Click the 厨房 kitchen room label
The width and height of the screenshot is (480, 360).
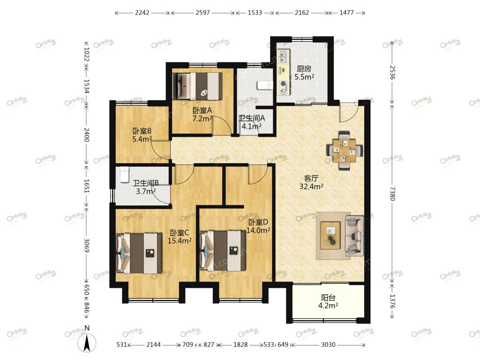304,69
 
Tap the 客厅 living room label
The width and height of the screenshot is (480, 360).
311,178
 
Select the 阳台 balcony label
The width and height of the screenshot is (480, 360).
328,298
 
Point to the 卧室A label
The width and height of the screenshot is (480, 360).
202,110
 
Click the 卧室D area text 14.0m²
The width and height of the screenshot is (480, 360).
258,230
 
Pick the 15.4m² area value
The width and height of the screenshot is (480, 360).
180,240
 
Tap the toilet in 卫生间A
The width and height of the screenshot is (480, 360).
265,85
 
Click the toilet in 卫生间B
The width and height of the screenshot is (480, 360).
124,174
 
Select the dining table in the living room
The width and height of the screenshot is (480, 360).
345,150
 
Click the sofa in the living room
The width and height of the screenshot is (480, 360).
354,236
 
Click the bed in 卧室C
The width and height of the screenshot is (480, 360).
139,253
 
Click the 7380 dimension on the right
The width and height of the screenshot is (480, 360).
392,194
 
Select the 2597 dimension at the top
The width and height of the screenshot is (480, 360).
202,13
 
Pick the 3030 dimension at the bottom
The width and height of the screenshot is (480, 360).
328,345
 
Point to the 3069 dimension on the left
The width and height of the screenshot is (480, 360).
86,245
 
